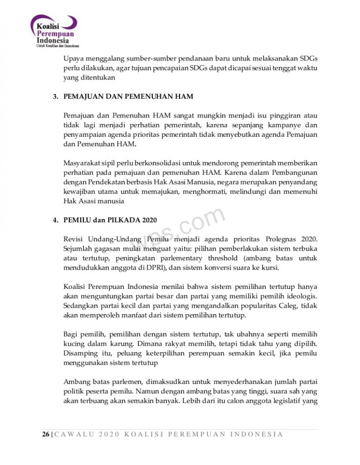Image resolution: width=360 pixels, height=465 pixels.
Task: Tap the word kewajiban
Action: click(x=79, y=192)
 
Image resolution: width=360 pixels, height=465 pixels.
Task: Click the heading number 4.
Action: click(x=55, y=220)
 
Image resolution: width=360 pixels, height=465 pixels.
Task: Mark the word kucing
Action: click(x=74, y=344)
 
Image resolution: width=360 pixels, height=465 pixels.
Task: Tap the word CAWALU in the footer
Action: click(x=73, y=434)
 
